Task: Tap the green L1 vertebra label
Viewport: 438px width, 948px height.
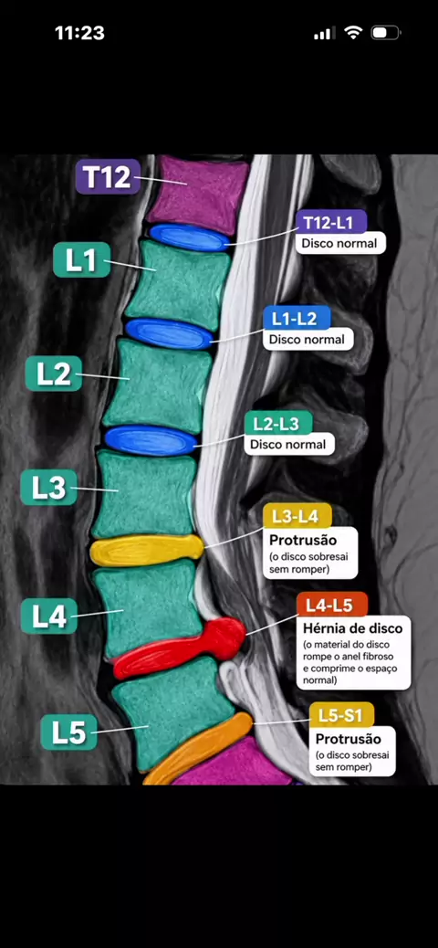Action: [x=81, y=260]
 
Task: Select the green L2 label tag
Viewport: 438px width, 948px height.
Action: [x=54, y=374]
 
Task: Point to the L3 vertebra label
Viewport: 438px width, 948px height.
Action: [x=49, y=488]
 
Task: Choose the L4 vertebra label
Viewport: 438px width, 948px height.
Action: [x=49, y=616]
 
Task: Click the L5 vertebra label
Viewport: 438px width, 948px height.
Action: [x=68, y=732]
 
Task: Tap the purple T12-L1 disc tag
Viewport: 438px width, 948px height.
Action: [x=331, y=222]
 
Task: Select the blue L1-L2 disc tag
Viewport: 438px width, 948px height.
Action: [x=297, y=318]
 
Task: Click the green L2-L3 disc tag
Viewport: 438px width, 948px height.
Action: [x=278, y=423]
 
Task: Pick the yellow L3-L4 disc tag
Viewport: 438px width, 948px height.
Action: [x=297, y=516]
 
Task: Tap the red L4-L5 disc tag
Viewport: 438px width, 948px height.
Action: [x=332, y=604]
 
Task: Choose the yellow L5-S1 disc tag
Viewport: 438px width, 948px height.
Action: [x=342, y=714]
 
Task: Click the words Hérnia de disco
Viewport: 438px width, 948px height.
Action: [x=353, y=627]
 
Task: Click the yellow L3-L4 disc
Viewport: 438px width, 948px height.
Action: [x=147, y=550]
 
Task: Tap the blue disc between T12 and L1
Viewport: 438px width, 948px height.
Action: [x=190, y=237]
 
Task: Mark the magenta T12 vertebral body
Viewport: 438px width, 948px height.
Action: [x=198, y=192]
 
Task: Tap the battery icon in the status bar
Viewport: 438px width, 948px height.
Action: [x=385, y=33]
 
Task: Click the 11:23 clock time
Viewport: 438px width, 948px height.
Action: [x=79, y=33]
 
